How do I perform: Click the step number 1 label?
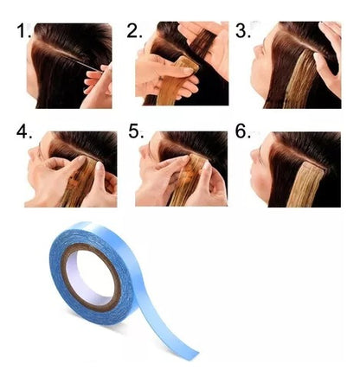[x=22, y=32]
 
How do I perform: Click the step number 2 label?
[x=134, y=32]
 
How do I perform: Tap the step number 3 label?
[x=242, y=32]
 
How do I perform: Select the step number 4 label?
[x=23, y=134]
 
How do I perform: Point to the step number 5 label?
[x=134, y=134]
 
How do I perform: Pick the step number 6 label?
[x=242, y=134]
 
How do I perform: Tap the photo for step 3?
[x=296, y=65]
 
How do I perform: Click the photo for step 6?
[x=296, y=169]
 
